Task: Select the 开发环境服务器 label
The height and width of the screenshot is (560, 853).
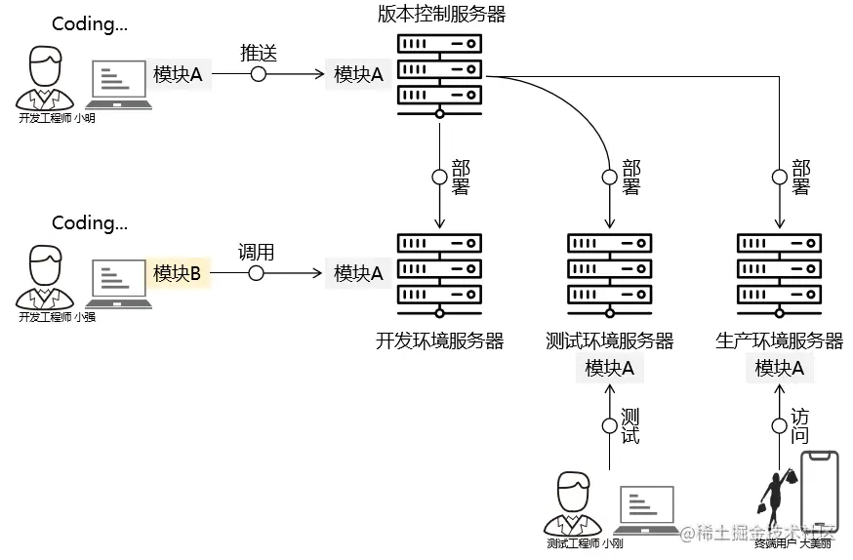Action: (x=439, y=340)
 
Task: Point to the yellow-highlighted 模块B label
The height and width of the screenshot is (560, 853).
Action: (x=177, y=274)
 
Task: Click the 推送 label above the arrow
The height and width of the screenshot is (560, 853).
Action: (x=259, y=53)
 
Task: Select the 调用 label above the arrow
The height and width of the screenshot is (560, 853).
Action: (x=256, y=252)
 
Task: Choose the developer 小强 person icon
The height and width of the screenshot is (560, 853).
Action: (x=44, y=277)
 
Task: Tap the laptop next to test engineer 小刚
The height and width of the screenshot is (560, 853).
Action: (x=649, y=510)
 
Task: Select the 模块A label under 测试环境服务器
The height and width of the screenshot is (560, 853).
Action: (x=610, y=369)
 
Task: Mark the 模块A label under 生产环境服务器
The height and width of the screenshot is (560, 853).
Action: (x=780, y=369)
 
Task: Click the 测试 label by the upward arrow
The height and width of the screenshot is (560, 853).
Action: (x=630, y=426)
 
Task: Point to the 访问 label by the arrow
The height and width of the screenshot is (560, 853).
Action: (x=799, y=426)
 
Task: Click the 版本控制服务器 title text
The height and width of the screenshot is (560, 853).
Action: (x=441, y=14)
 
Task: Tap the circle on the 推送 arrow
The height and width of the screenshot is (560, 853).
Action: (x=259, y=74)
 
